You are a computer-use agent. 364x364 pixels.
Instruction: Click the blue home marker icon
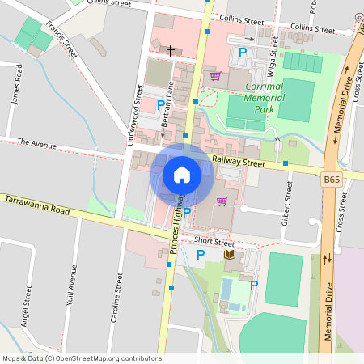[x=182, y=174]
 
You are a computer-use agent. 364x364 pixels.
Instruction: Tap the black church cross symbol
[x=171, y=50]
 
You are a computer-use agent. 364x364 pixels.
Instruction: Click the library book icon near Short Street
[x=230, y=255]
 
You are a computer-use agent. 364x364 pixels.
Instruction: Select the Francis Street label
[x=61, y=38]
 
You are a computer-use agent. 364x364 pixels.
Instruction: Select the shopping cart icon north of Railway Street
[x=215, y=76]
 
